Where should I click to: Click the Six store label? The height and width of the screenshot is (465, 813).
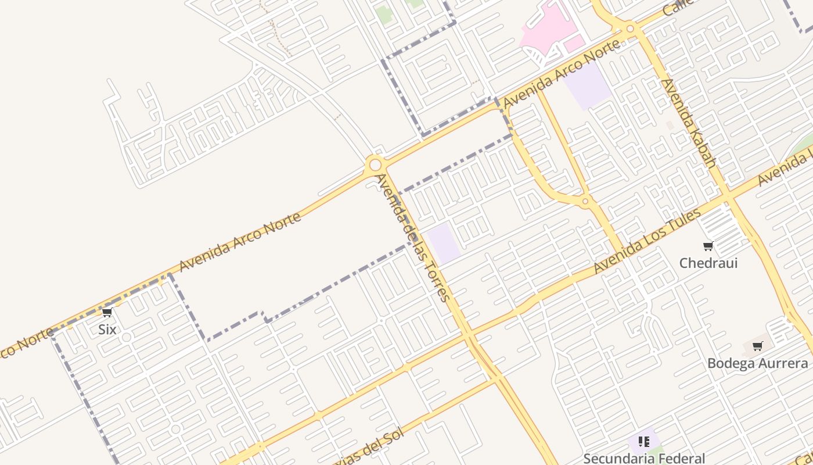[x=107, y=330]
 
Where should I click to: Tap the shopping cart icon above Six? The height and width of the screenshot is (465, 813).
[x=107, y=313]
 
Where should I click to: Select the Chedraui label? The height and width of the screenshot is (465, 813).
[x=708, y=263]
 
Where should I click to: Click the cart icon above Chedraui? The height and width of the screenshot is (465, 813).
[x=708, y=246]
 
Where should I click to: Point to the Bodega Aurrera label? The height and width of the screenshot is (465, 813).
[x=757, y=363]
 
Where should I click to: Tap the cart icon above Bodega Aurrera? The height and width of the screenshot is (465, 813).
[x=757, y=347]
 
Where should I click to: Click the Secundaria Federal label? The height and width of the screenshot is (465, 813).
[x=644, y=458]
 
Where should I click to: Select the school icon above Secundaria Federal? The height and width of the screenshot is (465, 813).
[x=643, y=442]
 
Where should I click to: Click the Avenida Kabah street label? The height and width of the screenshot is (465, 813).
[x=689, y=123]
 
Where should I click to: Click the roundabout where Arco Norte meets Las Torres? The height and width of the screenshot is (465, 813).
[x=375, y=164]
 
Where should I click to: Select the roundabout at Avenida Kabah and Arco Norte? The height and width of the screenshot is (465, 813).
[x=630, y=28]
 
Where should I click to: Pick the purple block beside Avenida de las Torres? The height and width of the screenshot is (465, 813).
[x=444, y=242]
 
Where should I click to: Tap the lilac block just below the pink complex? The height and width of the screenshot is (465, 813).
[x=588, y=84]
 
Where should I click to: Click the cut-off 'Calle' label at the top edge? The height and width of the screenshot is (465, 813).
[x=678, y=7]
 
